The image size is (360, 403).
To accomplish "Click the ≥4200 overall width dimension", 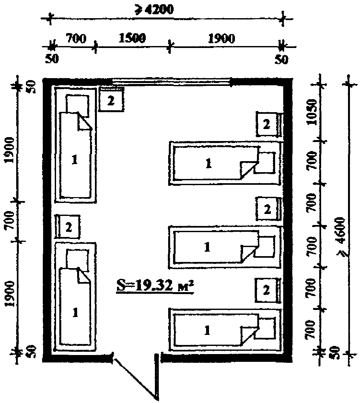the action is click(x=154, y=10).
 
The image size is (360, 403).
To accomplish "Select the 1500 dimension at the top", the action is click(x=132, y=38).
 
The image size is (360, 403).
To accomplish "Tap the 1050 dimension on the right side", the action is click(x=312, y=112).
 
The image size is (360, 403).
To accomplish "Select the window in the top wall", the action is click(x=171, y=82).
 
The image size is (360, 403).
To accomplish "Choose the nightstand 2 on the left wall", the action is click(x=68, y=227).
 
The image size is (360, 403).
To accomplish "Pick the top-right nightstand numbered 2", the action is click(x=268, y=124).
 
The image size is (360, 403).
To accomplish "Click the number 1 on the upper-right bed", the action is click(x=208, y=163).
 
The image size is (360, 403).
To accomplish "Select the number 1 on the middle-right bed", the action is click(x=207, y=247).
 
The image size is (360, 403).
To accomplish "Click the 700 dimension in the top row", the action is click(x=76, y=38).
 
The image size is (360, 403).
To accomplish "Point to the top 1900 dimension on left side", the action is click(x=10, y=150).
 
